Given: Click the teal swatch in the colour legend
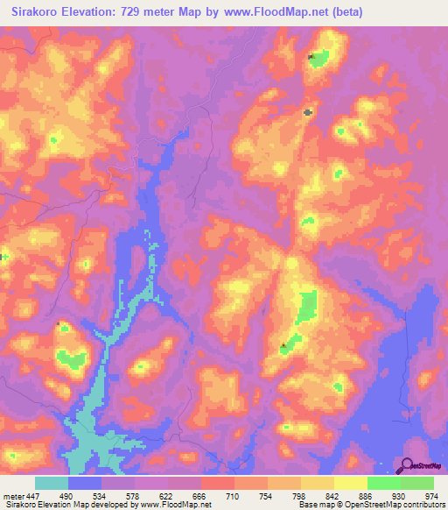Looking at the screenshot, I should (x=52, y=484).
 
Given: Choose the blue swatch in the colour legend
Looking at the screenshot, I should (x=85, y=484).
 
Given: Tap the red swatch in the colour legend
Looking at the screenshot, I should (x=218, y=484).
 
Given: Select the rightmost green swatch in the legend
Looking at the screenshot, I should (x=417, y=484).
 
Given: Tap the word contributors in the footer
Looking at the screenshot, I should (x=423, y=504).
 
